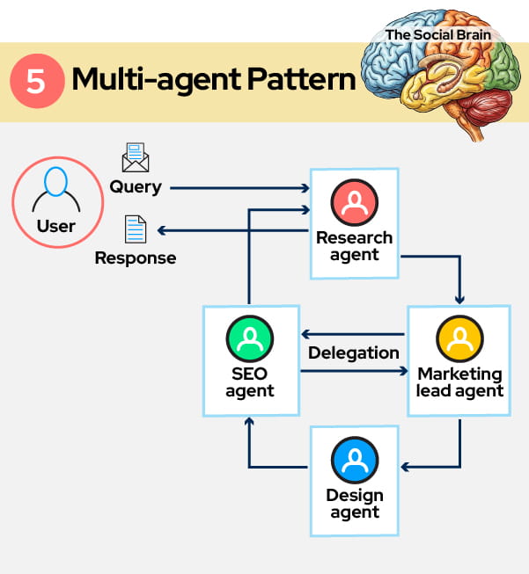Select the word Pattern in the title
click(x=299, y=80)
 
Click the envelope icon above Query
click(x=135, y=158)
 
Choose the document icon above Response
click(x=136, y=229)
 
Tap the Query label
click(x=135, y=186)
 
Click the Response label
click(x=136, y=258)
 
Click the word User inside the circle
click(x=55, y=226)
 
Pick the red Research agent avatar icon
click(x=354, y=203)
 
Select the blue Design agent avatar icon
click(x=355, y=459)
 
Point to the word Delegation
click(x=354, y=352)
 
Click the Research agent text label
click(x=354, y=246)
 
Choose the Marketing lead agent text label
click(x=459, y=382)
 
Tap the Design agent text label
click(x=355, y=504)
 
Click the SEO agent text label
click(x=250, y=382)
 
